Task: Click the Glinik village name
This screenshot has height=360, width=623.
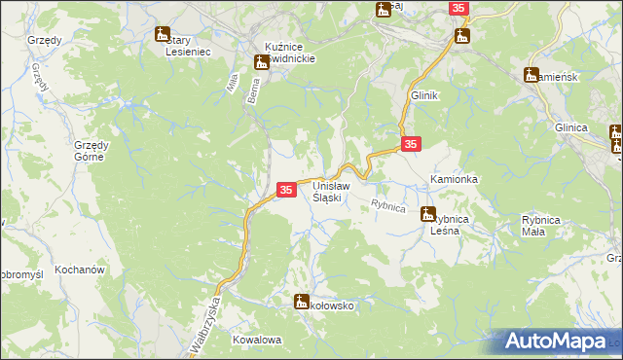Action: coord(425,95)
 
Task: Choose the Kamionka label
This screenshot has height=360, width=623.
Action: coord(454,181)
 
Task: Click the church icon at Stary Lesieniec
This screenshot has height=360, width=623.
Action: coord(162,36)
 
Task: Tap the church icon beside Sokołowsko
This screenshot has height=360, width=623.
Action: coord(301,302)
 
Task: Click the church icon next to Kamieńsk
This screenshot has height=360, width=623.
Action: coord(531,74)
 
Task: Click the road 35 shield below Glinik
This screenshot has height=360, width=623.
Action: coord(411,144)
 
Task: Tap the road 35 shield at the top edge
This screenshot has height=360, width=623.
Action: coord(459,8)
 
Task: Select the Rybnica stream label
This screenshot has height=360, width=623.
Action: coord(387,205)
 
